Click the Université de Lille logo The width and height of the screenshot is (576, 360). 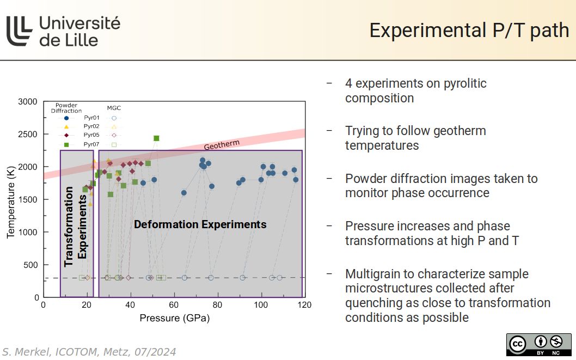(x=63, y=31)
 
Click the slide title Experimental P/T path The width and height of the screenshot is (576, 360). (x=469, y=30)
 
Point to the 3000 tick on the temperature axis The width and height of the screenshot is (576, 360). (x=28, y=102)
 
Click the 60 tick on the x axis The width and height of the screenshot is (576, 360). (x=174, y=305)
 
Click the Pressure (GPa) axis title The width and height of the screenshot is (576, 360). (x=174, y=318)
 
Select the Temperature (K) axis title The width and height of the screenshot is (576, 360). (x=10, y=199)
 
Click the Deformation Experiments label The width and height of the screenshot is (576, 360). (x=200, y=224)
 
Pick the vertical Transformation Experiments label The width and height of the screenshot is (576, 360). (x=75, y=227)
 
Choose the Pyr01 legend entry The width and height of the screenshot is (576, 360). (x=91, y=118)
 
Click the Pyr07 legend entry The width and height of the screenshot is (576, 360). (x=91, y=144)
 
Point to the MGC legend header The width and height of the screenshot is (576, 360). (x=114, y=108)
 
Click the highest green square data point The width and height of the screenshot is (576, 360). (x=156, y=138)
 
